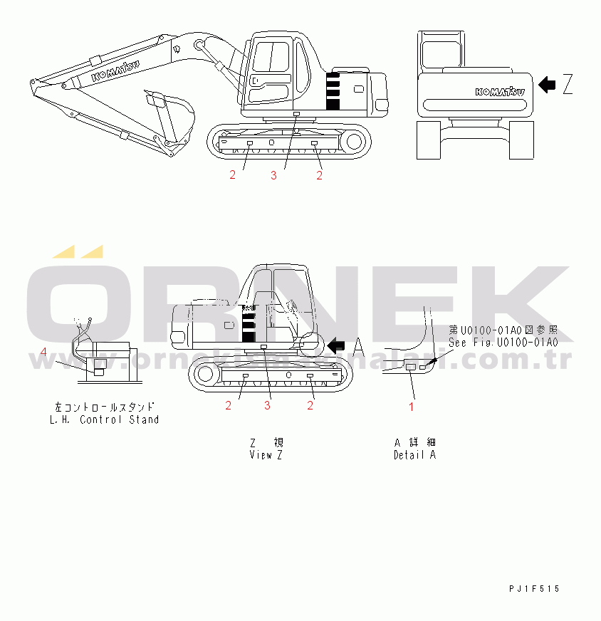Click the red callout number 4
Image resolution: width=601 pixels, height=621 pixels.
pyautogui.click(x=43, y=352)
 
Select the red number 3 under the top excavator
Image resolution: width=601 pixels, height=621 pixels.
pyautogui.click(x=273, y=176)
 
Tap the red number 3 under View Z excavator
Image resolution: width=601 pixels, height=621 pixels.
pyautogui.click(x=268, y=405)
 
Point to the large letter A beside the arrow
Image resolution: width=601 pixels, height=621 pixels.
pyautogui.click(x=359, y=346)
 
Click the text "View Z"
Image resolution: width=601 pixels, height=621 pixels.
pyautogui.click(x=266, y=454)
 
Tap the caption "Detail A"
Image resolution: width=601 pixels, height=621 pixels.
pyautogui.click(x=414, y=454)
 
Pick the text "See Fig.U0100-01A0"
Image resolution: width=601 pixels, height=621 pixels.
pyautogui.click(x=503, y=342)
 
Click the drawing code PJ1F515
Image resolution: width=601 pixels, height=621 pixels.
pyautogui.click(x=534, y=588)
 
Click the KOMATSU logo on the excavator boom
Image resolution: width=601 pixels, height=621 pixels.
pyautogui.click(x=115, y=71)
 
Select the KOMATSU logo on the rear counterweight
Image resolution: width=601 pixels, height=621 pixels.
pyautogui.click(x=500, y=92)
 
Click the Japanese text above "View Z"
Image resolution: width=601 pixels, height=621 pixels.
pyautogui.click(x=266, y=442)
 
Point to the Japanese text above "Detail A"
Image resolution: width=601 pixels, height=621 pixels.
pyautogui.click(x=414, y=442)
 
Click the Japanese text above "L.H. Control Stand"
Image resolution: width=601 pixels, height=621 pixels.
pyautogui.click(x=105, y=407)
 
